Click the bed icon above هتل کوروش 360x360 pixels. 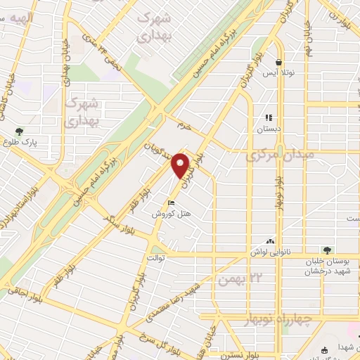[172, 204]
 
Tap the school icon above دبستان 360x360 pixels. [268, 117]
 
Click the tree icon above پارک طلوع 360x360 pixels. [19, 131]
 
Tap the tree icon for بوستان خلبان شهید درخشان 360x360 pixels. [326, 249]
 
